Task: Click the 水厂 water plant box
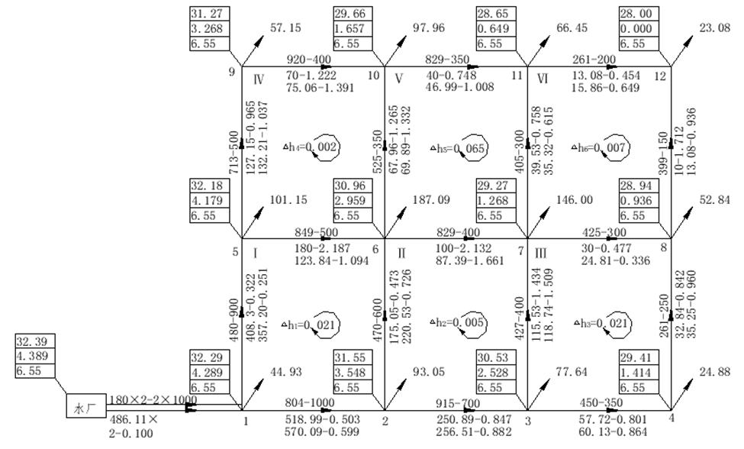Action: click(86, 405)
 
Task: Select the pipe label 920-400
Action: click(309, 60)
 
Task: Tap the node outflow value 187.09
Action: click(431, 200)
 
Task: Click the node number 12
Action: click(660, 76)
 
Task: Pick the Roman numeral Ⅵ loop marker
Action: click(542, 79)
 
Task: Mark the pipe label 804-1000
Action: click(309, 403)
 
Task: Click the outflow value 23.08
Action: click(714, 28)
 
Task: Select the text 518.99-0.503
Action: click(323, 419)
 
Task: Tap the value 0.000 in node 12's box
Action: click(636, 28)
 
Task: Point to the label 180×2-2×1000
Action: click(153, 400)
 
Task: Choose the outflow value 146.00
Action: click(574, 200)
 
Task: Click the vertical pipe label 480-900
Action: click(234, 320)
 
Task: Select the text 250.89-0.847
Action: click(474, 419)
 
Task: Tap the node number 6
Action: click(375, 250)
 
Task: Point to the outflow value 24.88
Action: click(714, 372)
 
